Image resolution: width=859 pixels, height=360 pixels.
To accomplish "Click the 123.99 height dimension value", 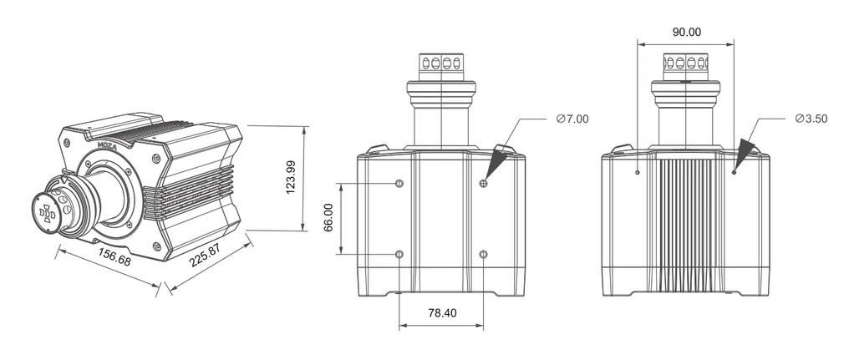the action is pos(291,177).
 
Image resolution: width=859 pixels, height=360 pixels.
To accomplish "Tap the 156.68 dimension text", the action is pos(114,257).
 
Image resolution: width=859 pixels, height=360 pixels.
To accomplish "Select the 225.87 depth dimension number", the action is pos(205,255).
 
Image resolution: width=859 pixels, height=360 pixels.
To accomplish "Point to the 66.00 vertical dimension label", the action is pos(328,217).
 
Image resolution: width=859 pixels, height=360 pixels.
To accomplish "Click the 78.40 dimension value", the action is pos(441,313).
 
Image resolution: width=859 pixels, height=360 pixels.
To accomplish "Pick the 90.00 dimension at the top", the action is pos(686,33).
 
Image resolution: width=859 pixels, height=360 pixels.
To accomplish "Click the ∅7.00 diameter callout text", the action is pos(572,119).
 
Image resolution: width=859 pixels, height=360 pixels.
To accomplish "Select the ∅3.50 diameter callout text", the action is pos(811,119).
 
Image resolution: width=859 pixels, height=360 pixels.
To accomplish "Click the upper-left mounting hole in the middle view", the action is pos(399,183).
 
